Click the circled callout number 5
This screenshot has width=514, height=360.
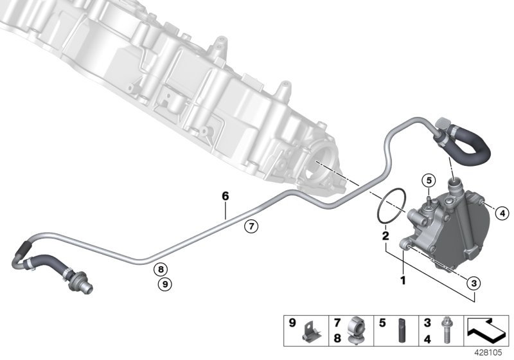tap(429, 180)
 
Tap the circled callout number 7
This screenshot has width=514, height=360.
tap(251, 226)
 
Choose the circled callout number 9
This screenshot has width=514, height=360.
tap(164, 283)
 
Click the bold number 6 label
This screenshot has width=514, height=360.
tap(226, 194)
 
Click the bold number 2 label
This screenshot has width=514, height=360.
tap(385, 236)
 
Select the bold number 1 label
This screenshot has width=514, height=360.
tap(403, 280)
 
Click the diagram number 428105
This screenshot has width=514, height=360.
tap(493, 353)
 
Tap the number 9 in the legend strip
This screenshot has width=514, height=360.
tap(292, 323)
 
